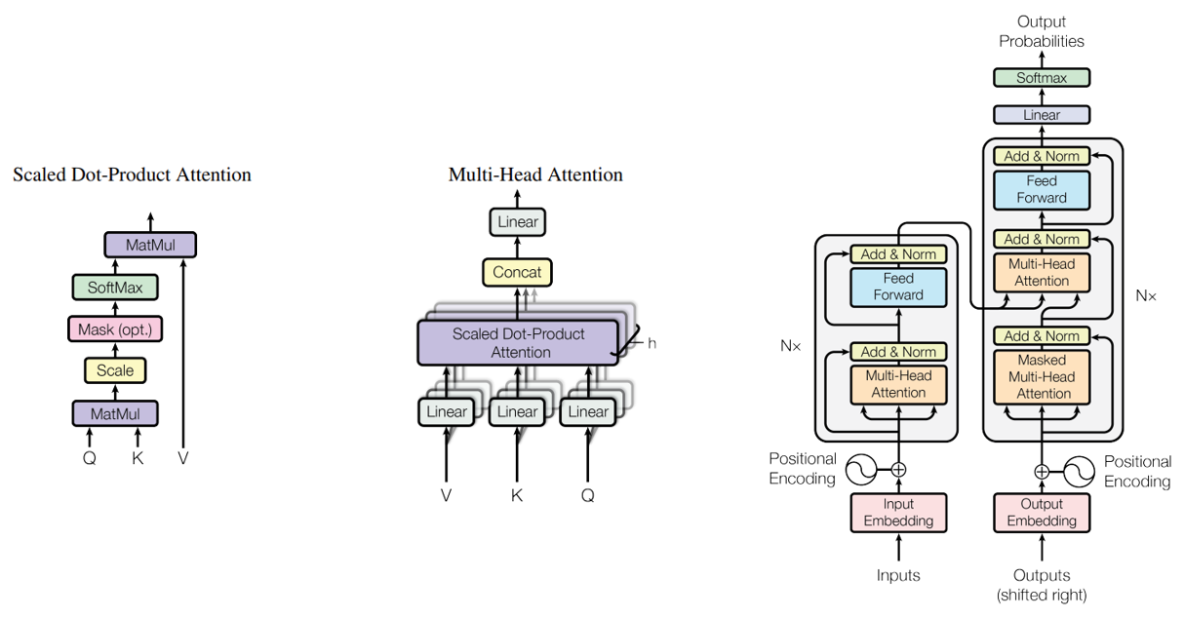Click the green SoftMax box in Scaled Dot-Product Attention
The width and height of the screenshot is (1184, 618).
tap(115, 288)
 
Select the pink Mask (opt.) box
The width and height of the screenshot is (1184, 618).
tap(115, 329)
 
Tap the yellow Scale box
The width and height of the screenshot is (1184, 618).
tap(115, 370)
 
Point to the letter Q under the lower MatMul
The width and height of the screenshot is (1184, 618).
tap(90, 458)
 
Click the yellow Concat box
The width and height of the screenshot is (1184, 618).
tap(517, 272)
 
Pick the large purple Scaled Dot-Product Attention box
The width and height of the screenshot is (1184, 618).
tap(518, 343)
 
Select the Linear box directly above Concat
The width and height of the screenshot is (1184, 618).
tap(517, 222)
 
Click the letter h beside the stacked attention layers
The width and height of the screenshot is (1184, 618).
tap(651, 343)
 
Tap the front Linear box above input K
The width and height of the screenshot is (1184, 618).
tap(517, 411)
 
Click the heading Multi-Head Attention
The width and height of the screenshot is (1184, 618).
tap(535, 175)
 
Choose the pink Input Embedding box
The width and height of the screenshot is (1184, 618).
tap(898, 513)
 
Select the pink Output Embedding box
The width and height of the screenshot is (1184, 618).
tap(1042, 513)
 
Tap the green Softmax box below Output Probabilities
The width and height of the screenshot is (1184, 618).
tap(1042, 77)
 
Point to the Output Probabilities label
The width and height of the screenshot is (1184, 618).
tap(1042, 31)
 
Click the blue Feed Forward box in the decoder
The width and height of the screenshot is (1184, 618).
tap(1042, 189)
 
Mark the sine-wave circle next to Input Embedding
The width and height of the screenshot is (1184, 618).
tap(862, 471)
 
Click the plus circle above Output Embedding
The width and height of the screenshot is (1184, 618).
tap(1042, 471)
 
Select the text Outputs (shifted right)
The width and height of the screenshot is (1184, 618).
tap(1042, 585)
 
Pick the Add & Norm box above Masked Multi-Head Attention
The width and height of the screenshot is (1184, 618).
tap(1042, 336)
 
